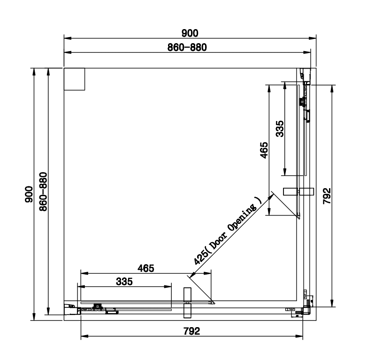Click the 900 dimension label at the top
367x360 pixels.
pyautogui.click(x=190, y=33)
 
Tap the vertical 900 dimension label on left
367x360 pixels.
pyautogui.click(x=28, y=193)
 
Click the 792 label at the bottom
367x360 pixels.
pyautogui.click(x=191, y=331)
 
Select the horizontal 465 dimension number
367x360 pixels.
pyautogui.click(x=145, y=268)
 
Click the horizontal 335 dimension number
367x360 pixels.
pyautogui.click(x=125, y=282)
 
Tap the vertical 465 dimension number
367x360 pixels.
pyautogui.click(x=264, y=151)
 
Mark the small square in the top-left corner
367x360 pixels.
pyautogui.click(x=74, y=78)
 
